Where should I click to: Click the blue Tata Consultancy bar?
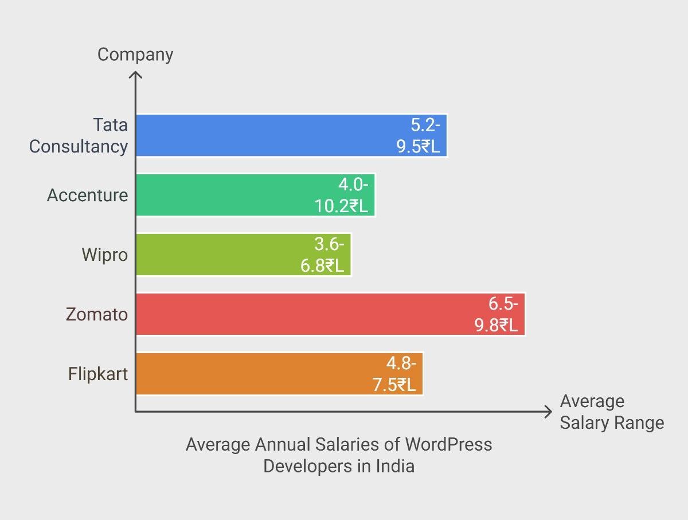pos(264,135)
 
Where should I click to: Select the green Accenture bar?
pos(229,195)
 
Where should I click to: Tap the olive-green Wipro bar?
pos(218,255)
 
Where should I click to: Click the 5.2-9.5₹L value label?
pos(419,135)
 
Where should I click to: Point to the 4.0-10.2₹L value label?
pos(342,195)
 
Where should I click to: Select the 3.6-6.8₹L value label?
pos(323,255)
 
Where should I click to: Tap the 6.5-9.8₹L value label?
pos(497,314)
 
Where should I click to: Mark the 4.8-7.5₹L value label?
pos(394,374)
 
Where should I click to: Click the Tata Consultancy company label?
pos(79,135)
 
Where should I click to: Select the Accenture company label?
pos(87,196)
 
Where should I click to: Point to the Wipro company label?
pos(104,255)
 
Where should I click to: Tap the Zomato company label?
pos(96,315)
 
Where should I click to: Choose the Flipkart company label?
pos(97,374)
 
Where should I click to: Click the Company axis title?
pos(135,54)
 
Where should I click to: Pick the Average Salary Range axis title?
pos(611,412)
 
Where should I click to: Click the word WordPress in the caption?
pos(448,444)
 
